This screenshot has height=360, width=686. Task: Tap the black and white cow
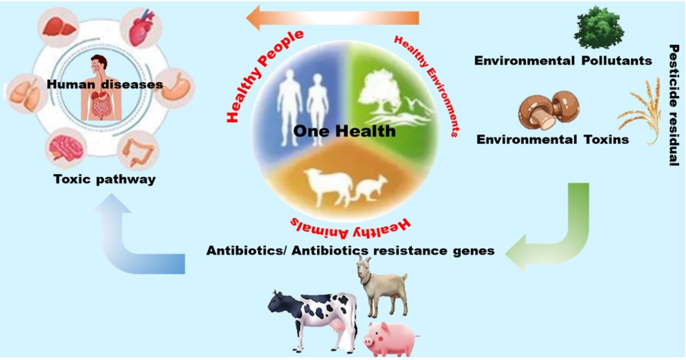pos(312,314)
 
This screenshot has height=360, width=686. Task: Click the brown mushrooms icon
pos(548,109)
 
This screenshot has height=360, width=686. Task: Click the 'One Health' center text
pos(344,131)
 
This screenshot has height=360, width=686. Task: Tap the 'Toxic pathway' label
pos(104,179)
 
